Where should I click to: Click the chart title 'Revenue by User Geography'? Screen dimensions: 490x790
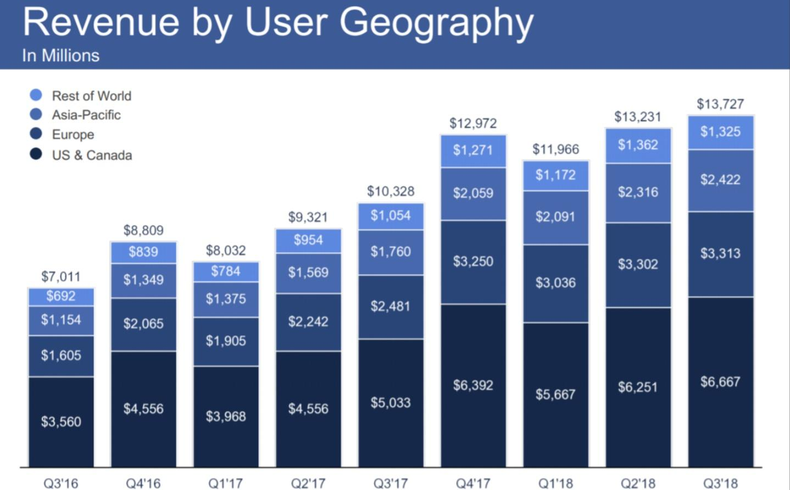(278, 23)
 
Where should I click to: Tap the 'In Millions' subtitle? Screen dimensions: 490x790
(60, 55)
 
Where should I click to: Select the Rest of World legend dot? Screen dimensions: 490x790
(36, 95)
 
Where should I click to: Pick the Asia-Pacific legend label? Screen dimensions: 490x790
(86, 115)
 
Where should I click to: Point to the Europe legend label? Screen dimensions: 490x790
(73, 135)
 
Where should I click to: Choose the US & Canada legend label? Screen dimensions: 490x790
(92, 155)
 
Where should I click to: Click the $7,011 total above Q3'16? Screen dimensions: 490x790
(60, 276)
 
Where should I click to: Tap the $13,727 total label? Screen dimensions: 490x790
(720, 104)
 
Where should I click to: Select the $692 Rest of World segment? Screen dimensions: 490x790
(61, 297)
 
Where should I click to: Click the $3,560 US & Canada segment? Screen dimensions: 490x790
(61, 421)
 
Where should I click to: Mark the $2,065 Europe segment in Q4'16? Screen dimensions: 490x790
(143, 324)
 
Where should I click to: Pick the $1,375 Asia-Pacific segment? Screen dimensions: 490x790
(226, 299)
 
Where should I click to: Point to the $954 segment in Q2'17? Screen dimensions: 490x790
(308, 241)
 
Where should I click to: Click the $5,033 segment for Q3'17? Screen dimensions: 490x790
(391, 403)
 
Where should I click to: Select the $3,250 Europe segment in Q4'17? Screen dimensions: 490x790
(473, 261)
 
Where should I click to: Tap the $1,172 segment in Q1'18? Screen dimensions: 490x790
(555, 175)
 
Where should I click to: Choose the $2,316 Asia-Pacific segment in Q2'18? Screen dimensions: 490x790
(638, 192)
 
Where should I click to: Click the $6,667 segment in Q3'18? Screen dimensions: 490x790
(720, 382)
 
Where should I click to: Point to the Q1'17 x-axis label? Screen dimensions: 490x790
(225, 483)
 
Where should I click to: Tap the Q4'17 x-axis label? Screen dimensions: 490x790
(472, 483)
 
